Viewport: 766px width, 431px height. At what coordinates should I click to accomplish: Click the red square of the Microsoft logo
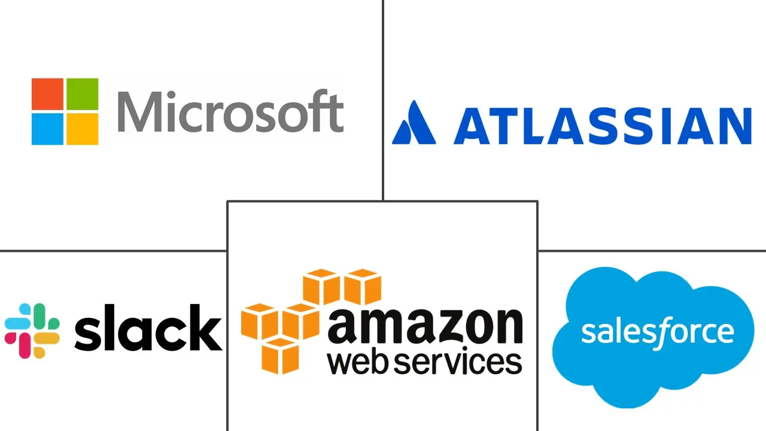pos(47,94)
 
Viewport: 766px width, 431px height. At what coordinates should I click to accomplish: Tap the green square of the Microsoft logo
pos(83,94)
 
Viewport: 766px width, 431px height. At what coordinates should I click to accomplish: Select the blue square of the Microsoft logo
pos(47,129)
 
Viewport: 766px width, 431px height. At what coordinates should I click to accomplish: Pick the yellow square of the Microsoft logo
pos(83,129)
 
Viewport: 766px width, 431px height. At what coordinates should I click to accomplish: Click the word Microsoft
pos(230,111)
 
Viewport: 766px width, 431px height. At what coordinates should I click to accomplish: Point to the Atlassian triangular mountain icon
pos(414,122)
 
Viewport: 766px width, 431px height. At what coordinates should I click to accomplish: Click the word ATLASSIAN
pos(603,126)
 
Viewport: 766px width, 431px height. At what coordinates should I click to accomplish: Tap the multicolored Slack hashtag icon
pos(32,331)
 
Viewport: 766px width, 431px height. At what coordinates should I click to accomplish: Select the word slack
pos(148,327)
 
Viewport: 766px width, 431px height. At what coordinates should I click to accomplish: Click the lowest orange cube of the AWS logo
pos(280,356)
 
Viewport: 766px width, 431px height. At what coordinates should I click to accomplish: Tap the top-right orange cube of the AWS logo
pos(363,287)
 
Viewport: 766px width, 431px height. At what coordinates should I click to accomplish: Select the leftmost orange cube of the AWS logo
pos(260,321)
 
